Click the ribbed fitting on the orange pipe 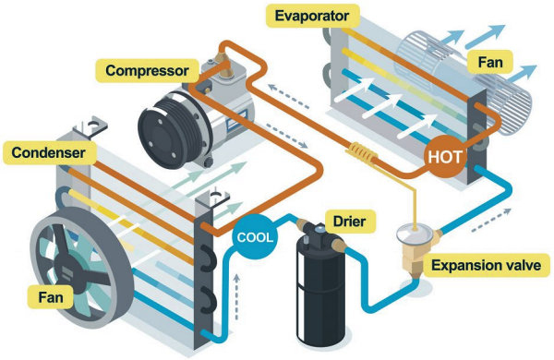coord(363,150)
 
